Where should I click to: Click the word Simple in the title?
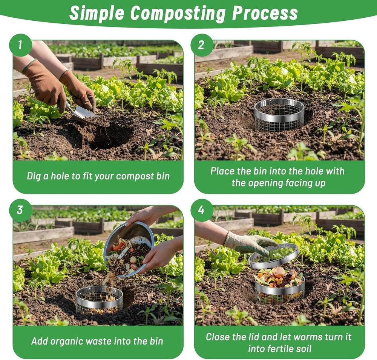97,13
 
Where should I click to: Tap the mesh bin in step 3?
99,300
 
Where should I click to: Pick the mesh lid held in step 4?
273,255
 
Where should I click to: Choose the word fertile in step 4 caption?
279,349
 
